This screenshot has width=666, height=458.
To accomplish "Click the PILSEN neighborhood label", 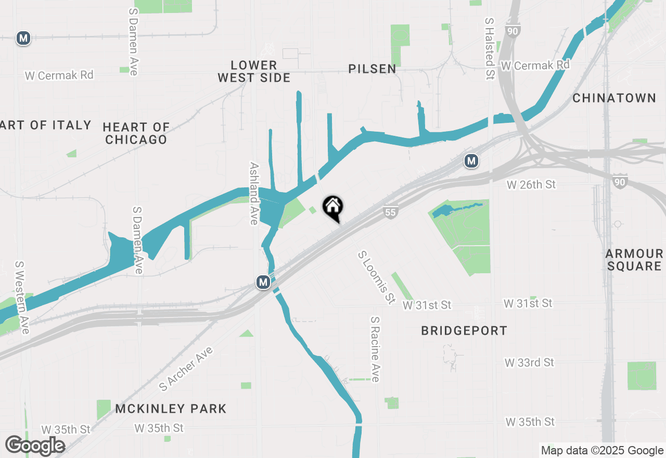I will (x=372, y=69).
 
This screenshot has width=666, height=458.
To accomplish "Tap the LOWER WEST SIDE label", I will (x=254, y=71).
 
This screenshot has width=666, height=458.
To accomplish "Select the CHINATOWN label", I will (x=614, y=98).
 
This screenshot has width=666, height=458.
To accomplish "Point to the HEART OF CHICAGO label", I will (x=136, y=133).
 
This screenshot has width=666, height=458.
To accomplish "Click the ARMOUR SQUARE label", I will (x=634, y=260).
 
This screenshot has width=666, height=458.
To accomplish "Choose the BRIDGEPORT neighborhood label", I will (x=464, y=331).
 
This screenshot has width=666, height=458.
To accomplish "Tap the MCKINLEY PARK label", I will (x=171, y=409).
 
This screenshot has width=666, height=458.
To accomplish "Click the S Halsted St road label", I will (x=489, y=42).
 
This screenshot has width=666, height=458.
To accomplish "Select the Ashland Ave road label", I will (x=254, y=193).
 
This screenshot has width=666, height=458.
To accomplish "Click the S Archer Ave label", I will (x=186, y=369).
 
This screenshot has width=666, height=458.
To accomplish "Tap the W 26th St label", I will (x=531, y=185).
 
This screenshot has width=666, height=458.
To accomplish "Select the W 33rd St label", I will (x=529, y=363).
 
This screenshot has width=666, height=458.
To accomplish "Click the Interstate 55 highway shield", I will (x=390, y=212).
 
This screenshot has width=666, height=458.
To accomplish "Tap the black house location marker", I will (x=333, y=208).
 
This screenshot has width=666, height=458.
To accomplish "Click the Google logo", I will (x=35, y=446).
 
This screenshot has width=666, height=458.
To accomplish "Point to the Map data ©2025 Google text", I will (x=602, y=451).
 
